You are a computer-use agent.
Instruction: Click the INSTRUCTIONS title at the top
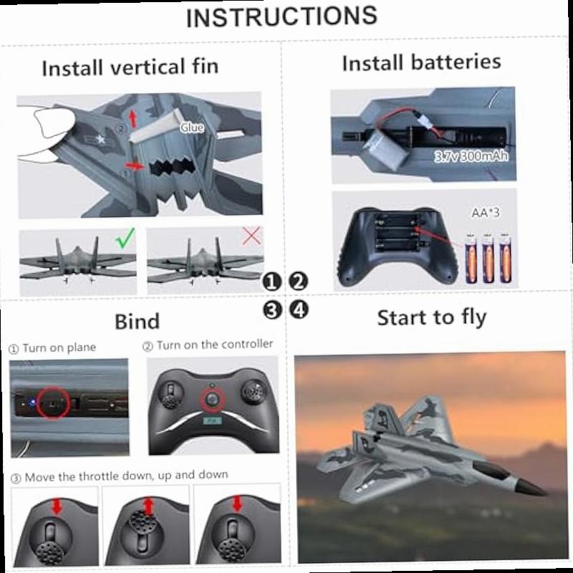(x=281, y=16)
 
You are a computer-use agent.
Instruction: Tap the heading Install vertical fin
(x=130, y=68)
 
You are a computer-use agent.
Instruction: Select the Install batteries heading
(x=421, y=63)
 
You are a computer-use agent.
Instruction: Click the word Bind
(x=137, y=320)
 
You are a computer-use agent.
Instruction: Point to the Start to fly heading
(x=432, y=317)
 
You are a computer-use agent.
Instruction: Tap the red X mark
(x=251, y=235)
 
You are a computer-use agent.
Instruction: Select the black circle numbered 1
(x=271, y=281)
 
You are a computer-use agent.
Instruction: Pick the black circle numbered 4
(x=299, y=309)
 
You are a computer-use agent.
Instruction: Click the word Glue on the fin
(x=192, y=127)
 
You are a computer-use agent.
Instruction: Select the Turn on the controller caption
(x=208, y=345)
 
